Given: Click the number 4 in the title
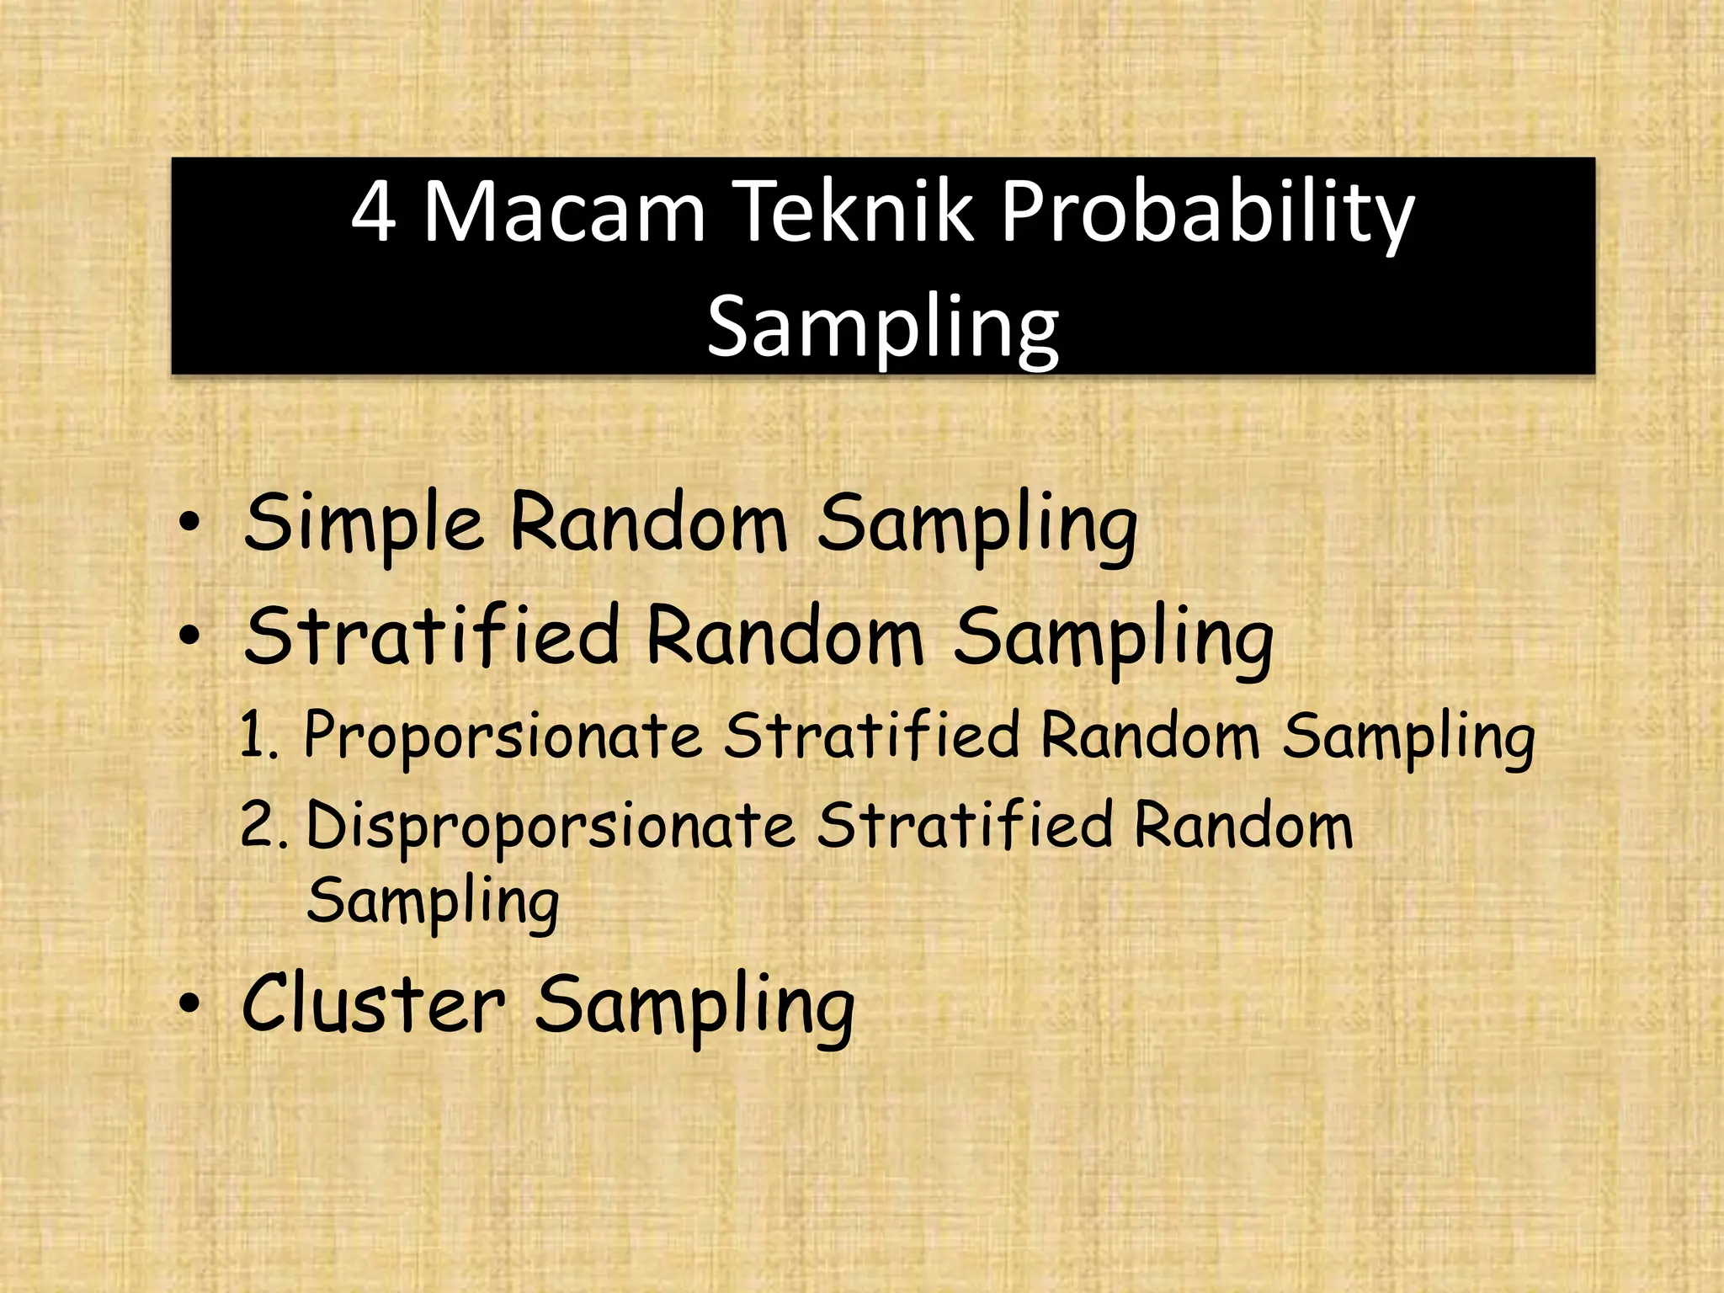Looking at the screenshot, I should click(373, 212).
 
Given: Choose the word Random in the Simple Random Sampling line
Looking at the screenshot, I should click(649, 523).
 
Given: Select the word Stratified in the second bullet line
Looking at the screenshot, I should click(432, 636).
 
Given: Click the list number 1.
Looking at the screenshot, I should click(258, 735).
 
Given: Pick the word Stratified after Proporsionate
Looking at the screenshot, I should click(872, 734).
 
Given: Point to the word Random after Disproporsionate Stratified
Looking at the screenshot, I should click(1243, 825).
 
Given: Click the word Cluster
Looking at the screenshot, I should click(374, 1003).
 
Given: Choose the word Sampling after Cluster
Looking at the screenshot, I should click(695, 1007).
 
